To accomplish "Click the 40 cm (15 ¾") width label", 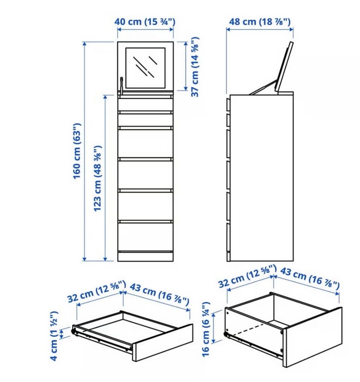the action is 145,22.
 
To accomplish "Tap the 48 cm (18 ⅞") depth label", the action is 260,22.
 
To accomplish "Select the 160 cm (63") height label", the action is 77,151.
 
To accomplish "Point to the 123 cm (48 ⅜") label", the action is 97,178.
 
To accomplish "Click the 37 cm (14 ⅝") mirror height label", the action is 195,67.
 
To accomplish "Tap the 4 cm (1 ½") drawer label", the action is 54,336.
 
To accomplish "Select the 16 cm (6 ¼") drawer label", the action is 206,329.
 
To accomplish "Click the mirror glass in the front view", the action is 145,68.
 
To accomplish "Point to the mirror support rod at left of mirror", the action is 121,85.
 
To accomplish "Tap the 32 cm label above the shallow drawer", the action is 97,291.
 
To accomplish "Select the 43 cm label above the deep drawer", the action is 310,278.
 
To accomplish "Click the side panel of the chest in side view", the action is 262,178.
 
